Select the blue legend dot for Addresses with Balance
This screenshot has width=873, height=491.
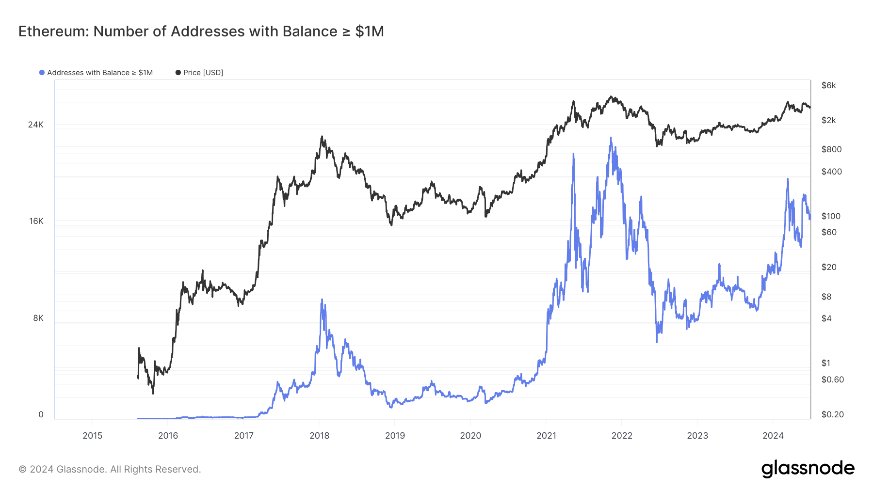click(42, 73)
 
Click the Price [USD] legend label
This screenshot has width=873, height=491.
click(203, 73)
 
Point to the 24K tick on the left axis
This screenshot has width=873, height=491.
click(36, 125)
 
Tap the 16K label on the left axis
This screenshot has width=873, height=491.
click(36, 221)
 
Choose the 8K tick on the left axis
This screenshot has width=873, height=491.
click(38, 318)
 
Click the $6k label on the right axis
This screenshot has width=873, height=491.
click(828, 85)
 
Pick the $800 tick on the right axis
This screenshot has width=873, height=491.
click(831, 149)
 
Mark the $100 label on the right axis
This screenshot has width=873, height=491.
click(831, 216)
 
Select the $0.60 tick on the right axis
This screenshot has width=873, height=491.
click(832, 380)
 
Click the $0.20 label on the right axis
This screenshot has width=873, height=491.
click(832, 414)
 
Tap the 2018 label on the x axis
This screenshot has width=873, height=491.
click(319, 435)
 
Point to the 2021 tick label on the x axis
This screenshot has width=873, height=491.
click(546, 435)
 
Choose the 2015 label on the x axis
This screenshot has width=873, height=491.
click(92, 435)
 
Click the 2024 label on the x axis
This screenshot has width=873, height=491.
click(773, 435)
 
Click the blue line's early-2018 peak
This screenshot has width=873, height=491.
click(322, 300)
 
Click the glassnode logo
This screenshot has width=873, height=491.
click(808, 469)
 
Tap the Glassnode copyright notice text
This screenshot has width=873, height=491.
click(110, 469)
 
